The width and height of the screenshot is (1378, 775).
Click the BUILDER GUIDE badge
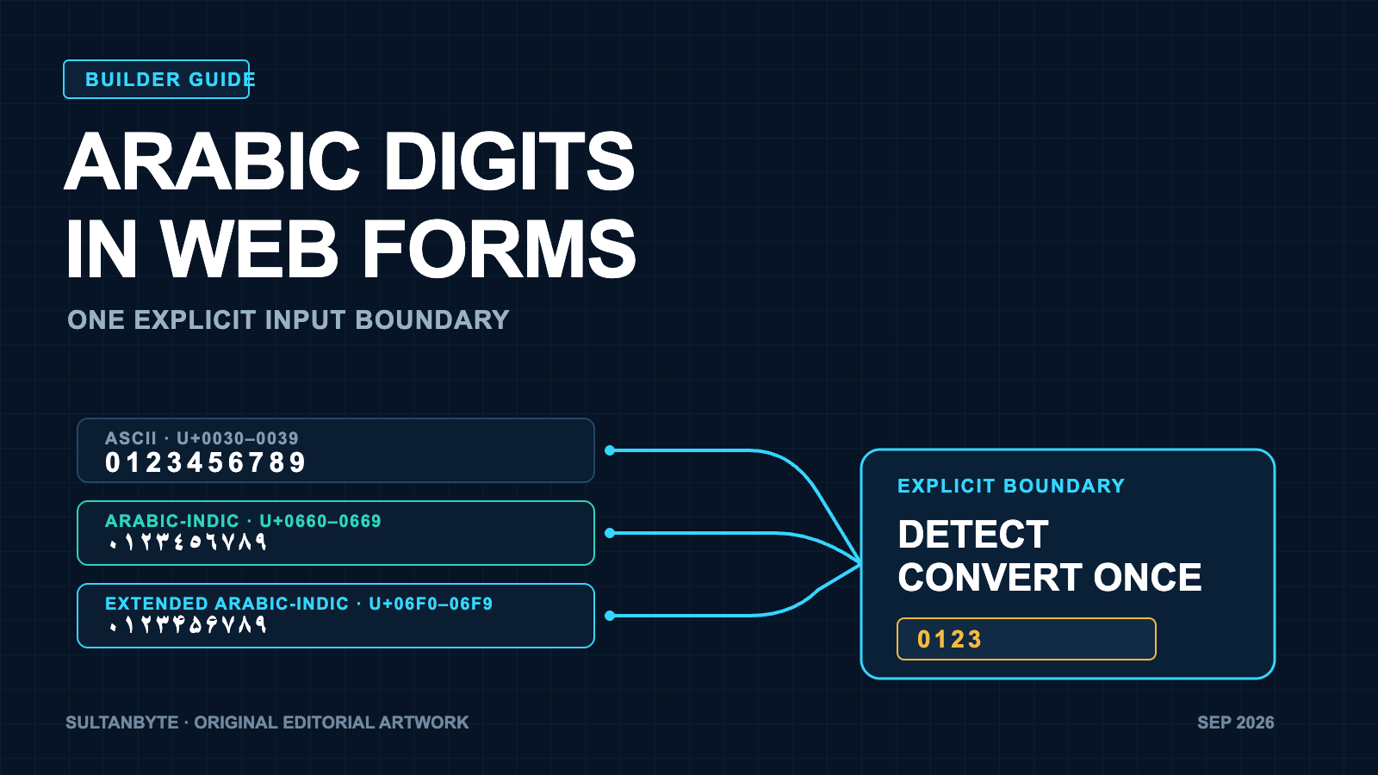[156, 79]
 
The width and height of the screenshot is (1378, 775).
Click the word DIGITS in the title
[510, 162]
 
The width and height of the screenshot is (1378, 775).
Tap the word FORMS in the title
[499, 250]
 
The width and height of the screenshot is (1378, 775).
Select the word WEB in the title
[249, 250]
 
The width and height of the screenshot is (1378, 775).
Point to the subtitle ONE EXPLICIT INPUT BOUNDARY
[288, 319]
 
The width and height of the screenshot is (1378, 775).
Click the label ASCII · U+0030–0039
[202, 438]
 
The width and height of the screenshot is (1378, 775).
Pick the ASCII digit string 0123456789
[206, 462]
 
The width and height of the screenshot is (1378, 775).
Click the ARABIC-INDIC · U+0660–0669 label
[243, 521]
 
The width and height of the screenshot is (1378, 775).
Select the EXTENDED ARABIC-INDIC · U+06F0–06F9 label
[299, 604]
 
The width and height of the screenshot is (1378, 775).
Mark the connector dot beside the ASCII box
[610, 451]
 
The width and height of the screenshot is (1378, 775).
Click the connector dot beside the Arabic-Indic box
[610, 533]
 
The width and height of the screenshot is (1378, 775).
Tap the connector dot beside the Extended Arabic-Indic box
[610, 616]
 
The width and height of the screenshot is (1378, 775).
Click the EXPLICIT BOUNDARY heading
[1011, 486]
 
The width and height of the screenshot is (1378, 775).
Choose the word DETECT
[973, 534]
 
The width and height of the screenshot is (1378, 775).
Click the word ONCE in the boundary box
[1147, 577]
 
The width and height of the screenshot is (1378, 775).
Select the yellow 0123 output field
[1026, 639]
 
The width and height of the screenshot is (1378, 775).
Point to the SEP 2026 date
[1235, 722]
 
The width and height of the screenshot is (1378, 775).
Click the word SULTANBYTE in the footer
[121, 722]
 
